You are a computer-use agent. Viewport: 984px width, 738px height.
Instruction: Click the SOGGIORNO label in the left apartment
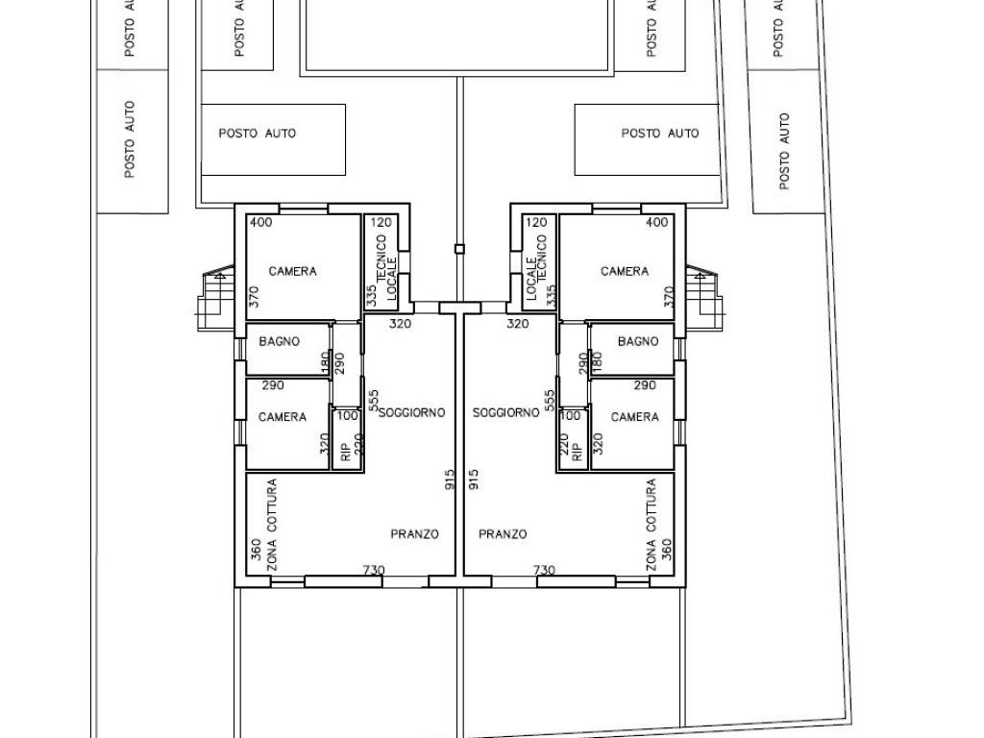pyautogui.click(x=411, y=412)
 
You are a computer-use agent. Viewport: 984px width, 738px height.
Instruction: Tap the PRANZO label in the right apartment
pyautogui.click(x=503, y=534)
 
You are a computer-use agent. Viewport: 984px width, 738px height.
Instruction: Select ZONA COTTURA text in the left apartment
pyautogui.click(x=271, y=525)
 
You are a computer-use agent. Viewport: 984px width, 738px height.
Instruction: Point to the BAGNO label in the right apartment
pyautogui.click(x=638, y=341)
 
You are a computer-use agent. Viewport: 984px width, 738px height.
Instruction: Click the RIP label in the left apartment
pyautogui.click(x=345, y=453)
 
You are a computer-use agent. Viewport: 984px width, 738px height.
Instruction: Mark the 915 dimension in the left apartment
pyautogui.click(x=450, y=480)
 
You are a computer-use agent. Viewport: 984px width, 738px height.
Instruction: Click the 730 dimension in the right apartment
pyautogui.click(x=544, y=570)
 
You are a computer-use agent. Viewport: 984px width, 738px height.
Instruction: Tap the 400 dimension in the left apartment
pyautogui.click(x=261, y=222)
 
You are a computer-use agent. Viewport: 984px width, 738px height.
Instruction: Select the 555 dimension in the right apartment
pyautogui.click(x=550, y=401)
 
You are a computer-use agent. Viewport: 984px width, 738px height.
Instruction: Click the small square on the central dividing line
pyautogui.click(x=459, y=249)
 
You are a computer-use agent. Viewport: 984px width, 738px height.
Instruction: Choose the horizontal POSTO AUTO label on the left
pyautogui.click(x=258, y=133)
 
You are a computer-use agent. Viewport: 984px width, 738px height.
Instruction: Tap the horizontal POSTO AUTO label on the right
pyautogui.click(x=660, y=133)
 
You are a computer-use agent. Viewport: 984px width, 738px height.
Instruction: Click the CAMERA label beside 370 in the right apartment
pyautogui.click(x=625, y=271)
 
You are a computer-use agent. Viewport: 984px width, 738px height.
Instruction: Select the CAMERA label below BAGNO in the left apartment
pyautogui.click(x=283, y=417)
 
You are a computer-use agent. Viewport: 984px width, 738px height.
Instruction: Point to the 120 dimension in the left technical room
pyautogui.click(x=381, y=222)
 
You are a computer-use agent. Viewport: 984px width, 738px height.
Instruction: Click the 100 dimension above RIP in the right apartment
pyautogui.click(x=570, y=415)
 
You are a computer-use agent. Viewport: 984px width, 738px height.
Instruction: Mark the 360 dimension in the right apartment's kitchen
pyautogui.click(x=667, y=550)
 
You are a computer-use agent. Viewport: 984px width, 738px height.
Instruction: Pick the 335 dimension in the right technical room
pyautogui.click(x=551, y=296)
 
